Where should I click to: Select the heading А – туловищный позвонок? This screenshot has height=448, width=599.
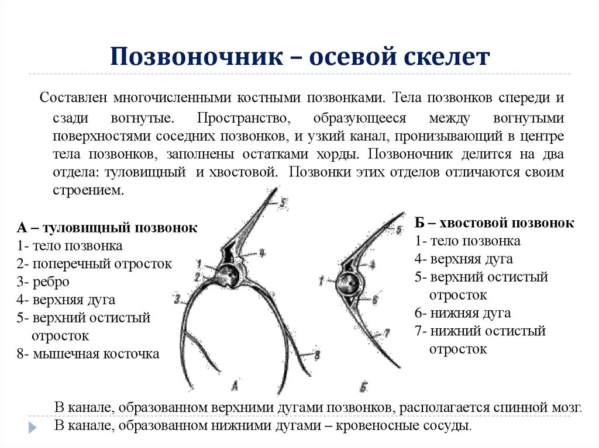[x=107, y=228]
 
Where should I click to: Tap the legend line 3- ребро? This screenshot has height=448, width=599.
[x=43, y=282]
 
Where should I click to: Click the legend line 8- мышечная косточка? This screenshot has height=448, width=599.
[x=88, y=354]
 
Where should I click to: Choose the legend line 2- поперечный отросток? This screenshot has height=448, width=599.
[x=94, y=263]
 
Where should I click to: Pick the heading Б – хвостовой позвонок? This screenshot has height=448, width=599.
[x=494, y=223]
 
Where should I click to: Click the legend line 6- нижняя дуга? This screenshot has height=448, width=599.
[x=463, y=313]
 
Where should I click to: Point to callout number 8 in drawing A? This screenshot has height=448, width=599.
[x=316, y=354]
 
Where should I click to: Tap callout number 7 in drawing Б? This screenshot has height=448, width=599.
[x=386, y=334]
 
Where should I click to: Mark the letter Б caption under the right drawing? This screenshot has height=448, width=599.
[x=363, y=386]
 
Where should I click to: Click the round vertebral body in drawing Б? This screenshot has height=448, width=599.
[x=349, y=284]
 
